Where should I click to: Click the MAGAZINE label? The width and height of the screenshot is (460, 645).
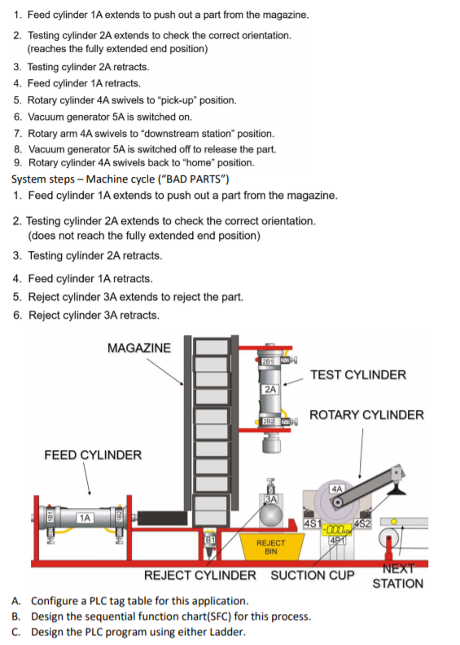[139, 348]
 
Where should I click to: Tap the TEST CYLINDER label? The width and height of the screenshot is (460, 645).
[358, 375]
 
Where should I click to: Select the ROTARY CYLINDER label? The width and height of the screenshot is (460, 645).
[366, 415]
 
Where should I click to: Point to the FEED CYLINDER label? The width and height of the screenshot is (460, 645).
[93, 455]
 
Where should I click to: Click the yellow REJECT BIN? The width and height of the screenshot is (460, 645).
[270, 546]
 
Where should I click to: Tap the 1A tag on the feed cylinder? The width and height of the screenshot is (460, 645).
[83, 517]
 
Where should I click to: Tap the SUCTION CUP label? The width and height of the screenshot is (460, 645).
[313, 575]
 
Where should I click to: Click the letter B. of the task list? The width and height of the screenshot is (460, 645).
[16, 616]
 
